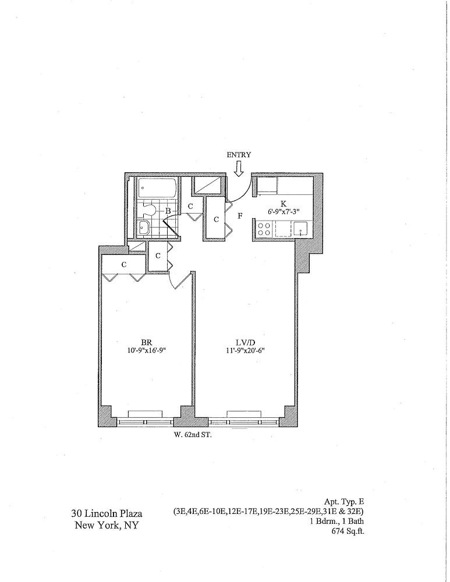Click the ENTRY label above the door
239,155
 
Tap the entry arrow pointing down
239,169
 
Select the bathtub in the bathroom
157,189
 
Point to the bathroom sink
144,228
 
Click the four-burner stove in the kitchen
264,229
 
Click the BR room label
147,343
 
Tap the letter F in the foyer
240,216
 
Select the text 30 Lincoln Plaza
107,514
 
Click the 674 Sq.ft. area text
348,531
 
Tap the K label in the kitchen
284,204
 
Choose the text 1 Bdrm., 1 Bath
337,521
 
